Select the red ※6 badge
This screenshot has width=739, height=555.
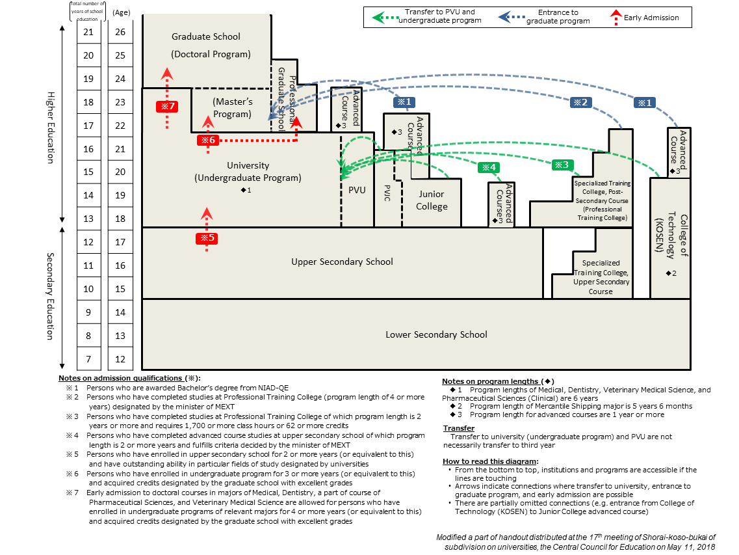[207, 140]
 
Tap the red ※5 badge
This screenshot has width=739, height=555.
[207, 238]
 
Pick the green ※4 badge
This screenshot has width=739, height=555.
[489, 167]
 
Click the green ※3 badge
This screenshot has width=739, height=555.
[563, 165]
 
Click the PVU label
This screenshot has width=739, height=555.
[357, 191]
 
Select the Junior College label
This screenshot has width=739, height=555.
[432, 200]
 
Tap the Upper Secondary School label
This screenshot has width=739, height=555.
[342, 262]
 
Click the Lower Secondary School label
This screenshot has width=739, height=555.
[436, 334]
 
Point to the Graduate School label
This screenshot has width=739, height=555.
[205, 37]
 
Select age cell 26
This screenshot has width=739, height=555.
[120, 32]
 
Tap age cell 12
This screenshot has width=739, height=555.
[120, 359]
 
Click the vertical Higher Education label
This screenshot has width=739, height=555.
[51, 127]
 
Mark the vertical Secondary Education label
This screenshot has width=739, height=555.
[51, 296]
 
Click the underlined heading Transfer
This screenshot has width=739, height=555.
[458, 428]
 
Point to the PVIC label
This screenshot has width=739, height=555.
[388, 193]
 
